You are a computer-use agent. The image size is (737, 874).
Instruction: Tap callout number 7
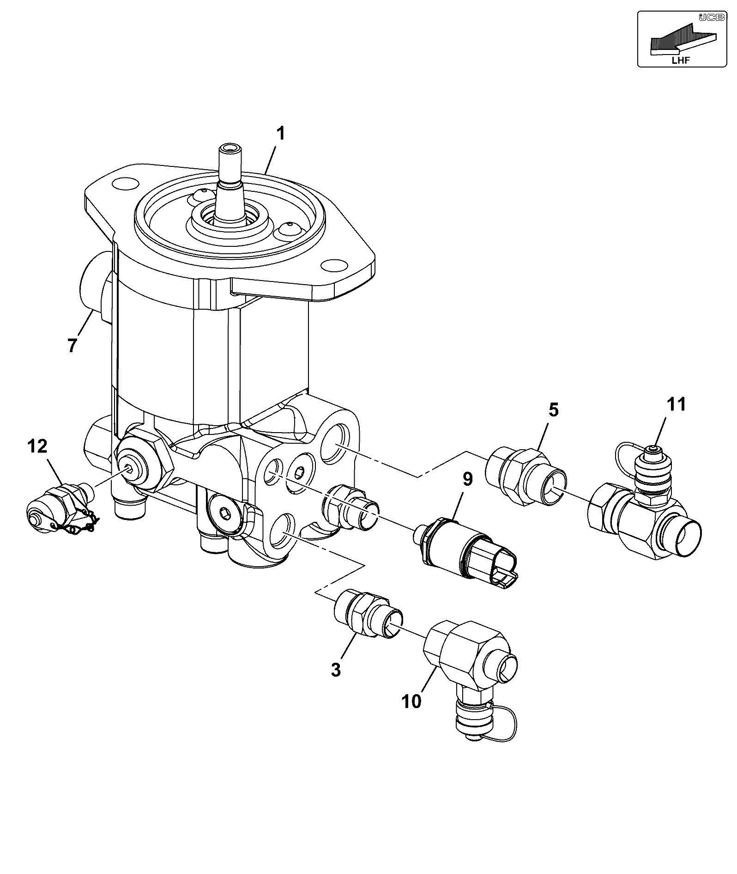[x=72, y=346]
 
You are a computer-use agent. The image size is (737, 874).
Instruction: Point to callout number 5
[x=553, y=409]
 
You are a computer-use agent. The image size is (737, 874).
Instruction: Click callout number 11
[x=676, y=404]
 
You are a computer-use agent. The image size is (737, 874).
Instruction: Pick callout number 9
[x=467, y=480]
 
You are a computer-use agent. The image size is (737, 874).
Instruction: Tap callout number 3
[x=336, y=669]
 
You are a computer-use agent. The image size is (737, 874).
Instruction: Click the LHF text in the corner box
[x=681, y=60]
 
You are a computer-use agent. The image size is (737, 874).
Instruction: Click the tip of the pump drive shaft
[x=230, y=149]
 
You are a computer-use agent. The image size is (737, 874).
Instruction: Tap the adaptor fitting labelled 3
[x=368, y=615]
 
